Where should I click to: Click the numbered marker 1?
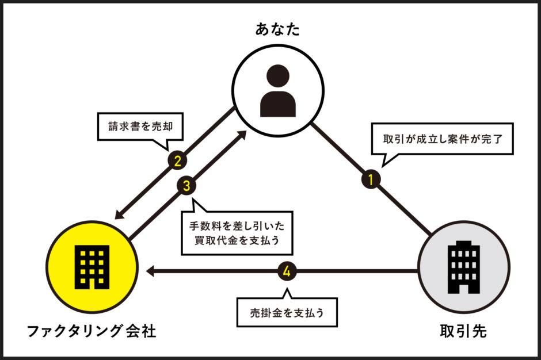tap(371, 179)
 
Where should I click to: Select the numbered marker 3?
tap(186, 185)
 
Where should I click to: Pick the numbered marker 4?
tap(287, 271)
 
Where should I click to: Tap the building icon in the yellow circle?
tap(92, 268)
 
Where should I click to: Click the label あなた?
tap(277, 30)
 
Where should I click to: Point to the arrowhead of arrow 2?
tap(118, 215)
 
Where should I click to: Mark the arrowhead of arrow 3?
tap(243, 135)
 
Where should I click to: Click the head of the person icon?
tap(277, 76)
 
